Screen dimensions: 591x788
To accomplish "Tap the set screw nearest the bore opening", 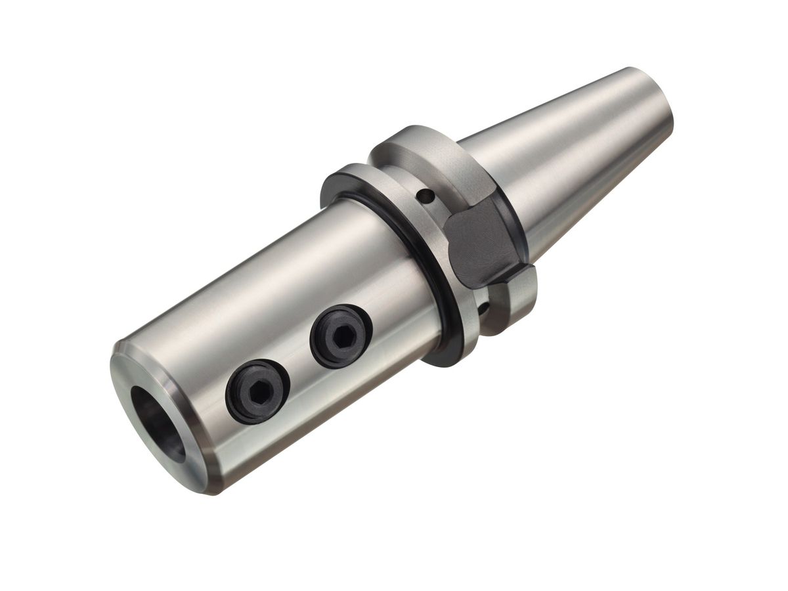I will click(257, 391).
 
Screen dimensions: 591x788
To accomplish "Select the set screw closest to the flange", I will click(341, 336).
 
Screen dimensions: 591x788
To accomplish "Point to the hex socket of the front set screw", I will click(259, 392).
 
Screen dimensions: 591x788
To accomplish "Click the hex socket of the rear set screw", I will click(343, 336).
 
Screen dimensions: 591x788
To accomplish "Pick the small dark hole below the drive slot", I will click(484, 307).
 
